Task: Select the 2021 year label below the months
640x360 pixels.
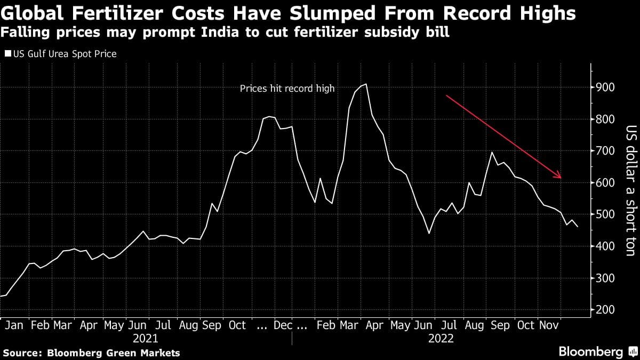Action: click(146, 339)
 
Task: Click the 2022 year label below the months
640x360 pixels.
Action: click(441, 339)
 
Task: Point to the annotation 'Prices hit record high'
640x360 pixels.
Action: click(287, 89)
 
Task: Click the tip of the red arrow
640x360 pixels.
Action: click(562, 178)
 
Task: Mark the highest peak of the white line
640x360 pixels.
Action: click(365, 84)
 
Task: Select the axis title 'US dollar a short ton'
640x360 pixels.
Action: click(630, 190)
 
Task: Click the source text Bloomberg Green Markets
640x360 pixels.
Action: click(114, 353)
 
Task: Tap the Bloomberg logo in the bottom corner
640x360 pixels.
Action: click(597, 352)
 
